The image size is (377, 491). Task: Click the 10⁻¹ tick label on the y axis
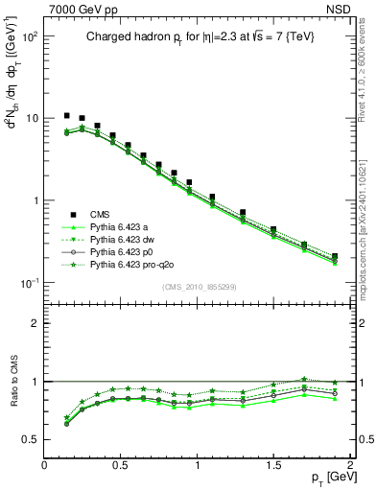(x=30, y=283)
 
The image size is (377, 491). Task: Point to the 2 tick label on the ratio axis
(x=35, y=323)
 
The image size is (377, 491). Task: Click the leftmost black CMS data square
(x=67, y=116)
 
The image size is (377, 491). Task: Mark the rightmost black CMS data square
(x=334, y=256)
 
